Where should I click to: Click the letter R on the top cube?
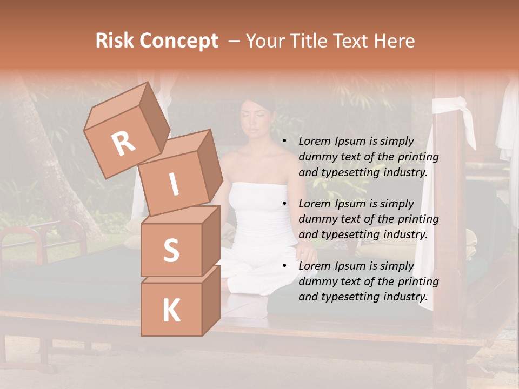pos(124,144)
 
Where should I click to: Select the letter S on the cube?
pos(171,250)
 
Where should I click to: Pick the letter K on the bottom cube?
pos(171,311)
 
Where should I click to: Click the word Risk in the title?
pos(116,41)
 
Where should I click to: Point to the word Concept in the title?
pos(179,42)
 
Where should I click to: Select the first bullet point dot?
pos(284,142)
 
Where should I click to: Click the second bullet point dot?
pos(284,204)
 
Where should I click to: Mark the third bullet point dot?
pos(284,266)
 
